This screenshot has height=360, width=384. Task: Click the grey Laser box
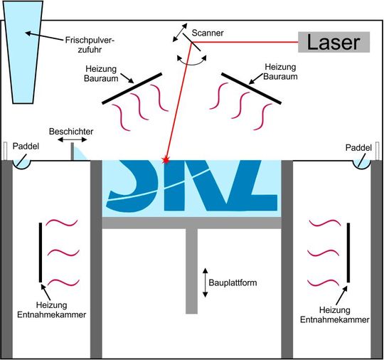click(334, 42)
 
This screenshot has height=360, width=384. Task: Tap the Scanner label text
click(207, 33)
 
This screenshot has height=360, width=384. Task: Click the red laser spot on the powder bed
click(166, 161)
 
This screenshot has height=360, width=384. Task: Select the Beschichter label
click(70, 132)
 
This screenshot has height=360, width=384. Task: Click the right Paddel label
click(358, 147)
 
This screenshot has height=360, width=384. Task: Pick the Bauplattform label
click(233, 282)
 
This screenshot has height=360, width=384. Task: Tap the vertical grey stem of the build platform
click(191, 270)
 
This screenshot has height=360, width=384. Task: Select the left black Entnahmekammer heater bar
click(40, 252)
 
